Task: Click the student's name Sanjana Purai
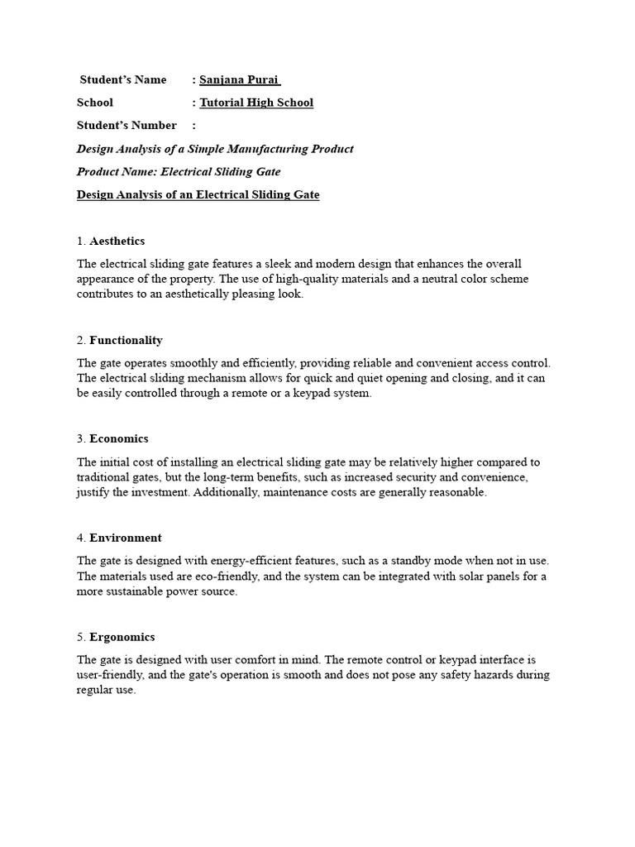[240, 80]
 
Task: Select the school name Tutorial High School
[256, 103]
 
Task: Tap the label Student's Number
[127, 125]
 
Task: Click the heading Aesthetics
[117, 241]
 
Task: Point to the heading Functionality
[126, 340]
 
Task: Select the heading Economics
[119, 438]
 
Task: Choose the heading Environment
[126, 538]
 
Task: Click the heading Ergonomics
[122, 637]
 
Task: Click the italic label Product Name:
[117, 172]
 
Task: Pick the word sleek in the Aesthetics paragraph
[266, 264]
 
